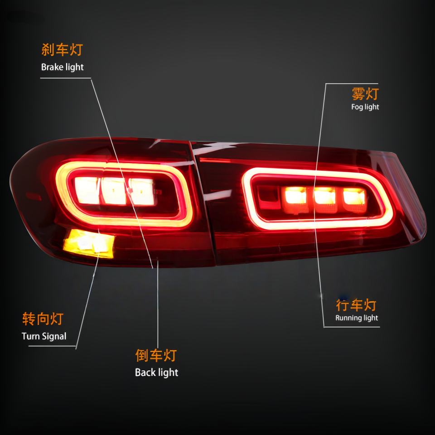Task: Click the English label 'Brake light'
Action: [63, 67]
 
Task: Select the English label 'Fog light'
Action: [365, 107]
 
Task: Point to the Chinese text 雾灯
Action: [365, 94]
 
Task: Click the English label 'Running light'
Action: [357, 318]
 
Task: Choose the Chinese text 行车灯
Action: [356, 304]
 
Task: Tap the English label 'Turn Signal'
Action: [44, 336]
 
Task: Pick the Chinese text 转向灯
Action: [43, 319]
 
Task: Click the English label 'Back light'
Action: [156, 373]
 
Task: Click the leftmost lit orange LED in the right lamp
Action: [296, 196]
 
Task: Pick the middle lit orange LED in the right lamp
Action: [325, 196]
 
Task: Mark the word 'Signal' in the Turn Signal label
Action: [54, 336]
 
